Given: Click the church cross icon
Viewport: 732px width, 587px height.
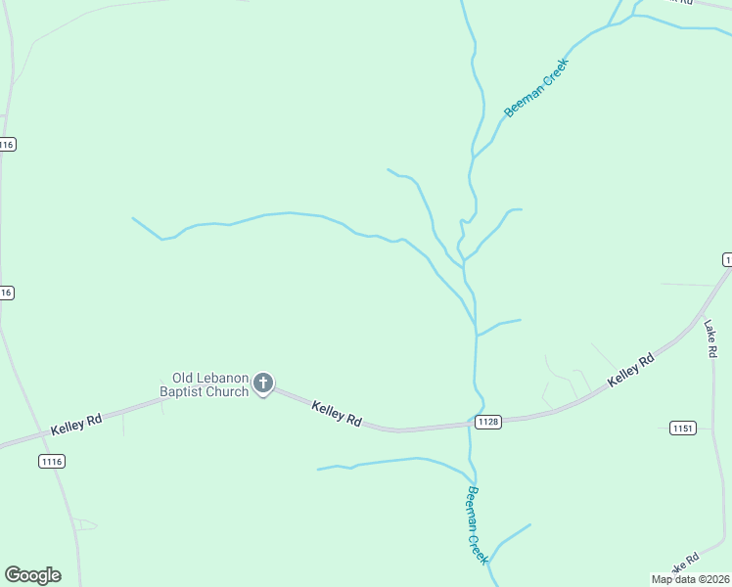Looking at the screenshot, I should coord(263,383).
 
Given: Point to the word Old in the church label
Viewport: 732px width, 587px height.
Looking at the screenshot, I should coord(183,378).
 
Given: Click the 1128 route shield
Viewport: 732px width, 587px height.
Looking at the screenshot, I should coord(488,422).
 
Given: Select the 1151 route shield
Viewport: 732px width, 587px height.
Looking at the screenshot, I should coord(683,428).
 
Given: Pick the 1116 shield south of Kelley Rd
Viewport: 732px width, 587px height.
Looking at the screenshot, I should coord(52,460).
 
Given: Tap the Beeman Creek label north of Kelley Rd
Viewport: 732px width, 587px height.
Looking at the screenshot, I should coord(535,87).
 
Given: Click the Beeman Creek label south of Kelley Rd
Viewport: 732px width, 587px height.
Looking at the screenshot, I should coord(477,525).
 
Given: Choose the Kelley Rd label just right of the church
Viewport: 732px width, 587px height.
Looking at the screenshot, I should coord(338,414).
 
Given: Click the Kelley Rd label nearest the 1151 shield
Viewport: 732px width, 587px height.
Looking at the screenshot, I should coord(630,371).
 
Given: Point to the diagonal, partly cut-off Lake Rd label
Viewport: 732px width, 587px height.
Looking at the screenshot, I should coord(682,564).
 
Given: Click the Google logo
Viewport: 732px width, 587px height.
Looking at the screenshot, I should coord(32,575).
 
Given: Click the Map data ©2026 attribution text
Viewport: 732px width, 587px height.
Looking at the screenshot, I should coord(690,579).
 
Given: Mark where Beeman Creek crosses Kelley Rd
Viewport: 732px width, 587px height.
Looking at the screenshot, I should coord(471,425).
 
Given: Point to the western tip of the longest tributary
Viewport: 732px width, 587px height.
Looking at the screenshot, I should coord(132,218).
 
